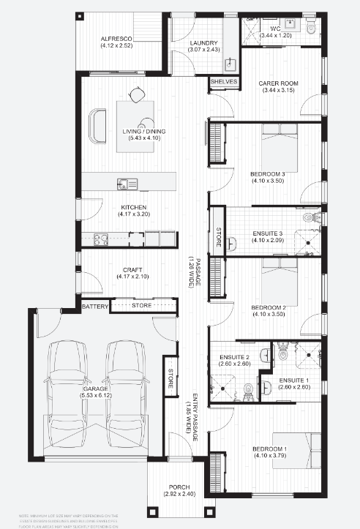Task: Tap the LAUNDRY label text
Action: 188,43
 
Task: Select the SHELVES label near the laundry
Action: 224,82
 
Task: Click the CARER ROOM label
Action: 277,83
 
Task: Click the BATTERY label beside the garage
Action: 94,306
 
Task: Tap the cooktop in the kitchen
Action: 101,238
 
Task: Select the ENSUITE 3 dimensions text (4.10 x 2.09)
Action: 266,239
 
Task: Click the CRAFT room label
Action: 133,269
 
